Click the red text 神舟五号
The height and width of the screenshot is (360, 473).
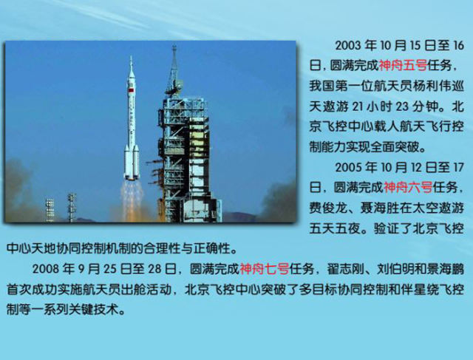click(x=403, y=66)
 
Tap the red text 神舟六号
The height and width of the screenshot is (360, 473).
click(x=408, y=188)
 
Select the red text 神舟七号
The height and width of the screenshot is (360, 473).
click(x=265, y=268)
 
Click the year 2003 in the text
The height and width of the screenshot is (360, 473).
click(x=348, y=46)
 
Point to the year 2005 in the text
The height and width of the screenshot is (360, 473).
click(x=348, y=168)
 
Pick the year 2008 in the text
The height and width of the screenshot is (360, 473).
click(x=45, y=268)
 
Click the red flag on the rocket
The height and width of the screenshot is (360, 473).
click(x=131, y=90)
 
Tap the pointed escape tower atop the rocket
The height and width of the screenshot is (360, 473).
click(x=131, y=64)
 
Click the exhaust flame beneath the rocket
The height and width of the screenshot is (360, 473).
click(x=132, y=199)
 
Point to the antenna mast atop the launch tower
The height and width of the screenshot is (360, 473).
click(x=174, y=65)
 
